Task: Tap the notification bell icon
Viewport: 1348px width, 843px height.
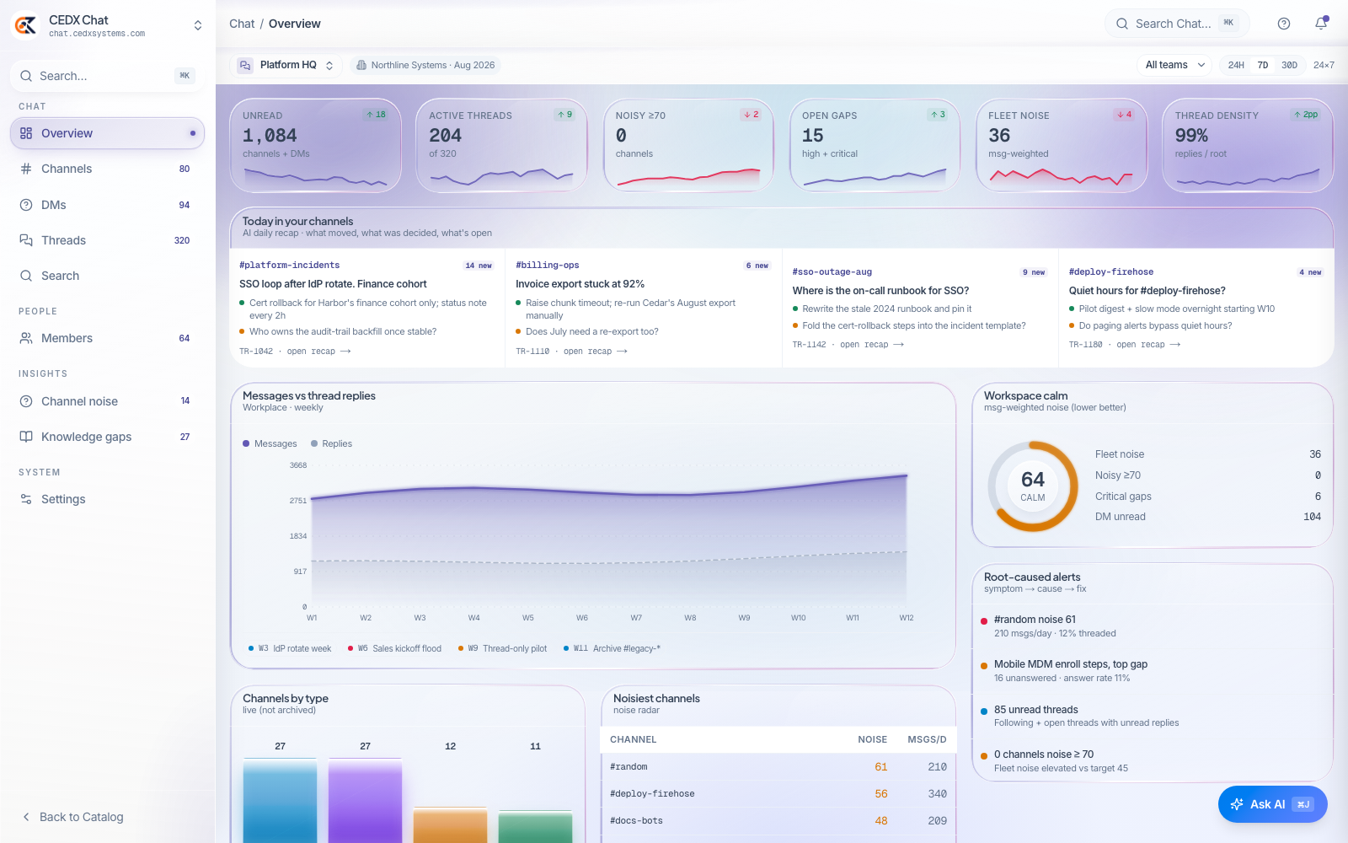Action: (x=1321, y=24)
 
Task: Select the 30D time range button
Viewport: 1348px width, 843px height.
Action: (x=1289, y=65)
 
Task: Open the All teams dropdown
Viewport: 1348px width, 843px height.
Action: (x=1174, y=65)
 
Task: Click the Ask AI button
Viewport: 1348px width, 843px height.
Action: (x=1272, y=804)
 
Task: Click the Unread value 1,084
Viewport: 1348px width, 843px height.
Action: (x=270, y=136)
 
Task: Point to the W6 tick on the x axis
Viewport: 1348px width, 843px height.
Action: (x=582, y=618)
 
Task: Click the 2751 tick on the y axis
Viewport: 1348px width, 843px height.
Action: (x=298, y=501)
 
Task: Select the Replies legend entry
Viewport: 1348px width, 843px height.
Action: (x=331, y=443)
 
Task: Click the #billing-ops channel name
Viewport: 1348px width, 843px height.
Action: (x=547, y=265)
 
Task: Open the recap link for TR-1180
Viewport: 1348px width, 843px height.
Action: (x=1148, y=345)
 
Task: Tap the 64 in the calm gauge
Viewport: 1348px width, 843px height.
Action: (x=1033, y=480)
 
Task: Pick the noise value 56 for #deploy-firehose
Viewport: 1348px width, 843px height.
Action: (x=881, y=793)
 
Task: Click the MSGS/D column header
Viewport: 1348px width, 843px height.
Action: (x=927, y=739)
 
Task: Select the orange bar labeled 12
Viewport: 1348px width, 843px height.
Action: (x=450, y=825)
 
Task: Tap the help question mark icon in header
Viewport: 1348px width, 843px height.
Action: (x=1284, y=24)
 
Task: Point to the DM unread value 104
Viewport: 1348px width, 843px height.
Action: (x=1312, y=517)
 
